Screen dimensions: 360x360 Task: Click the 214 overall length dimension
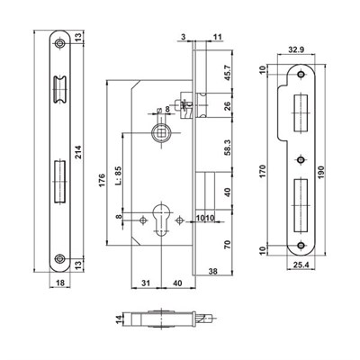click(x=78, y=153)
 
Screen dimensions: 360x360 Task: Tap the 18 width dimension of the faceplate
click(x=60, y=283)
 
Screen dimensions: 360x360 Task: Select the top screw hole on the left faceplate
click(x=60, y=44)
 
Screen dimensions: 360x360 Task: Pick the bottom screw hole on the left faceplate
click(x=60, y=258)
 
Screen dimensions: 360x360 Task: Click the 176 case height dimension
click(x=102, y=181)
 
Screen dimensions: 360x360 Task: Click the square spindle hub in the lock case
click(x=159, y=133)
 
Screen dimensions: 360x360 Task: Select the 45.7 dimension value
click(x=228, y=73)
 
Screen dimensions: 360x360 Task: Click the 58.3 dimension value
click(x=228, y=148)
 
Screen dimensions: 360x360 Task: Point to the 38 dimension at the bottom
click(x=212, y=272)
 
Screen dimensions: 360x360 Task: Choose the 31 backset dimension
click(x=146, y=283)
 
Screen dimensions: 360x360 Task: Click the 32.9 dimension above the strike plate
click(x=296, y=49)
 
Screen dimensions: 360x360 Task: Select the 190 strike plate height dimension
click(x=321, y=172)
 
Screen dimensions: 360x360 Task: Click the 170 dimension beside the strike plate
click(x=263, y=171)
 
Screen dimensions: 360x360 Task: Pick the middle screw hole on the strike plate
click(x=301, y=160)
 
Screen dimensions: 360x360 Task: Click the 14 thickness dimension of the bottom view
click(x=120, y=319)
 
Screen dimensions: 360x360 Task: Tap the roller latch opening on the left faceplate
click(x=60, y=90)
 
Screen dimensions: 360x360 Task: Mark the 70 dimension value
click(x=228, y=244)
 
